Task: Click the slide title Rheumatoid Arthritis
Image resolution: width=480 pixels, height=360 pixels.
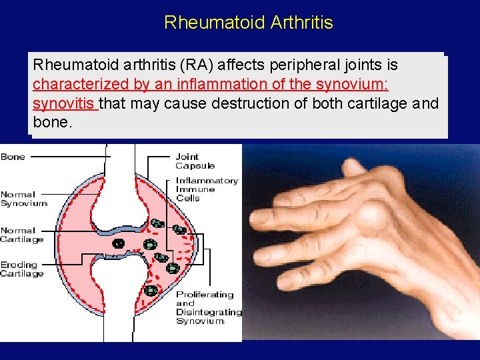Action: pyautogui.click(x=248, y=23)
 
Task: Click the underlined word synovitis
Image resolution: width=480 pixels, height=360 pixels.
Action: pyautogui.click(x=65, y=104)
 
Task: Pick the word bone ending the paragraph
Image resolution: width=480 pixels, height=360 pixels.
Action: pyautogui.click(x=49, y=123)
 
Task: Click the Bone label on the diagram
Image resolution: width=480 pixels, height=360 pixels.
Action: pyautogui.click(x=13, y=157)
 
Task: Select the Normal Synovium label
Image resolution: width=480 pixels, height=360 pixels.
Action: pyautogui.click(x=24, y=199)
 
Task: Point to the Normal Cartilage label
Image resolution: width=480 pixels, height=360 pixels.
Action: pyautogui.click(x=22, y=235)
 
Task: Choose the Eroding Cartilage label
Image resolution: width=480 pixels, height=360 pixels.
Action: pyautogui.click(x=22, y=269)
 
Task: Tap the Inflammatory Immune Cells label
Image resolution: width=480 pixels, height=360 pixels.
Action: pyautogui.click(x=206, y=189)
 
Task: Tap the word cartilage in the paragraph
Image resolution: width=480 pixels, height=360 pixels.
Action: pyautogui.click(x=381, y=104)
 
